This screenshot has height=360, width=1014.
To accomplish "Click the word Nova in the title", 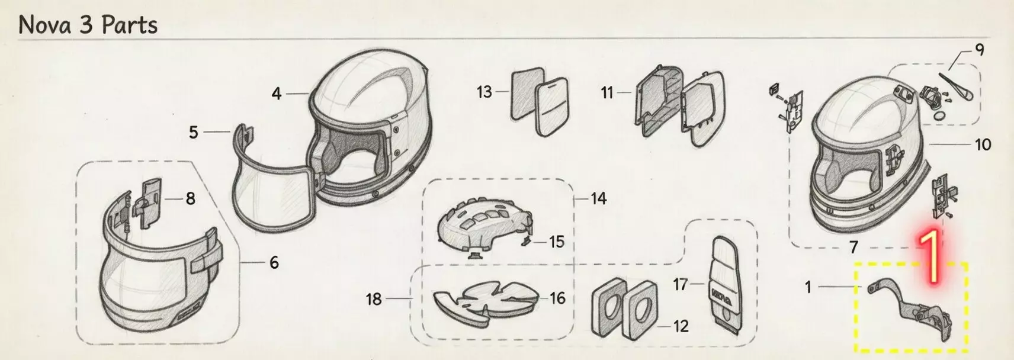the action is point(45,24).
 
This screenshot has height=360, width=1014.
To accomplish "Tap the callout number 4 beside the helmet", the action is point(277,94).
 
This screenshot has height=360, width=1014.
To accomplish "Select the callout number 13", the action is point(484,92).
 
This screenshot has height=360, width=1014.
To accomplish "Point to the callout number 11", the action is point(607,93).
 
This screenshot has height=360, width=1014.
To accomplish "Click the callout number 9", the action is point(979,50).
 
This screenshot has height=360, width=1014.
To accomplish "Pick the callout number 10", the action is point(982,144).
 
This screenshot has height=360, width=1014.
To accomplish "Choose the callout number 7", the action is point(853,247).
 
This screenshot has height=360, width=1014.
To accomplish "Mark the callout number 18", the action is point(374,299).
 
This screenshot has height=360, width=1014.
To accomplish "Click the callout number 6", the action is point(274,262).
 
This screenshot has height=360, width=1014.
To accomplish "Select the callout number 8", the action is point(191,198).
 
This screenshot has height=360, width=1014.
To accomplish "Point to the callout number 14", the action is point(598,198).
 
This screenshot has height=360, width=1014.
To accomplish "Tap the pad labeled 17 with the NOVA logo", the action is point(725,282).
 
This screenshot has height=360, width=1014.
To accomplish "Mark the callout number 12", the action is point(681,326).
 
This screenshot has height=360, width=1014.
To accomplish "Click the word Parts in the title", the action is point(129,24).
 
